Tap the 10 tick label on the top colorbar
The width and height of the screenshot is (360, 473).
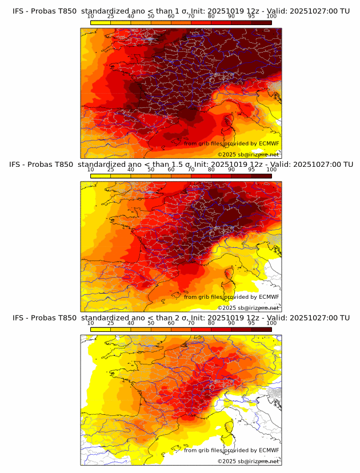point(90,16)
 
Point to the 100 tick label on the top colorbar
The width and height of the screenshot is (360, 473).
point(271,16)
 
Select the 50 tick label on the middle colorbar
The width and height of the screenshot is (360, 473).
point(151,170)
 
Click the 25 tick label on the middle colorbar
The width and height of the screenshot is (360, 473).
point(110,170)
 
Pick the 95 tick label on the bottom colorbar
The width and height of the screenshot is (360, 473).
point(251,323)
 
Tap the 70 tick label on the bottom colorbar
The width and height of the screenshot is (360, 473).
point(191,323)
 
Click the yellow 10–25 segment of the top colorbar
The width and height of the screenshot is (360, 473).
point(101,22)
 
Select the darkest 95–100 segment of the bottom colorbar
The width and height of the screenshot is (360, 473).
point(261,329)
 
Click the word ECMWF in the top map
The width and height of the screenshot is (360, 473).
point(269,143)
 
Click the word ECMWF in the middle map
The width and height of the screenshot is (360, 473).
point(269,297)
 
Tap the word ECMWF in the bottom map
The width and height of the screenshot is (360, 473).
point(269,450)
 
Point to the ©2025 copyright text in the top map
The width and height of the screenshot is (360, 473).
point(227,155)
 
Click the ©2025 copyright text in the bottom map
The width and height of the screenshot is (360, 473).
point(227,462)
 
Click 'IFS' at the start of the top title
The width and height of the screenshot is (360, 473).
point(19,11)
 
